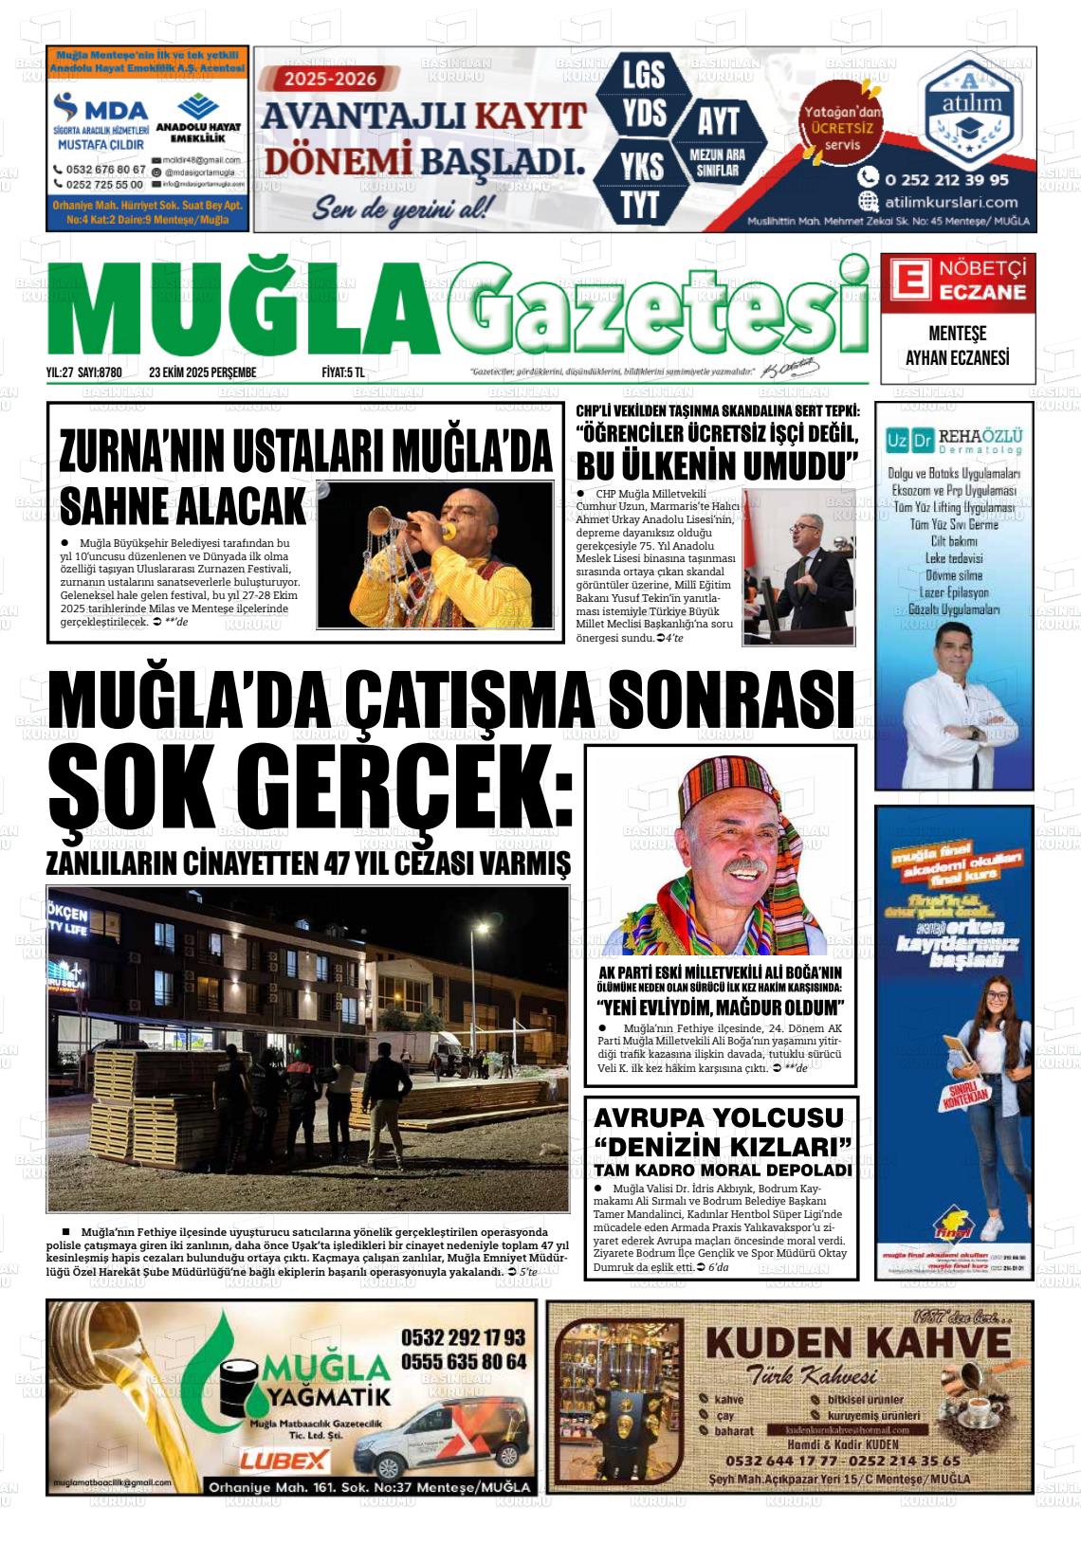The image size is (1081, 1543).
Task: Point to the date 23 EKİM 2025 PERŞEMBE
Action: point(203,372)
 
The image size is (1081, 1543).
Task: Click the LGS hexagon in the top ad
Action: point(644,75)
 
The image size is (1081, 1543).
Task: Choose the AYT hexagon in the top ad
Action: point(718,120)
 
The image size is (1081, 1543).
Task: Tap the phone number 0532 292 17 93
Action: point(463,1337)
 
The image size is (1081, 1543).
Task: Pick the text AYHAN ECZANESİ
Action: point(957,357)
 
